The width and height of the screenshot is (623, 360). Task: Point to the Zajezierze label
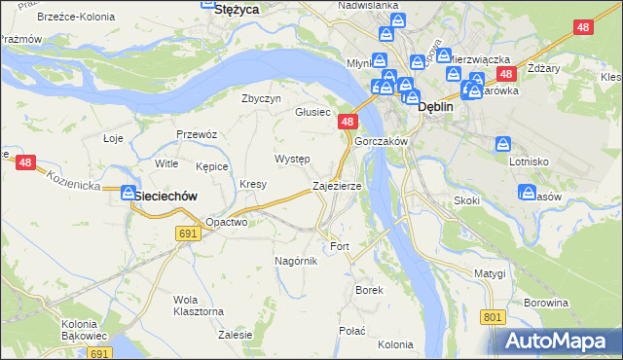[337, 185]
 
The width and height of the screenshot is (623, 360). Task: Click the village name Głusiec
[312, 112]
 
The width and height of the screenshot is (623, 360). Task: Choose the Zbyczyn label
[261, 98]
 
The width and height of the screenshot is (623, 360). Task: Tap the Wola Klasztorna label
[199, 305]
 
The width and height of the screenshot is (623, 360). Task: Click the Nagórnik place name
[296, 261]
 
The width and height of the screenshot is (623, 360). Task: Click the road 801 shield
[494, 317]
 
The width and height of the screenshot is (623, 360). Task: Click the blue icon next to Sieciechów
[128, 194]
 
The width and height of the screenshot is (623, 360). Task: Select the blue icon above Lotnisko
[503, 143]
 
